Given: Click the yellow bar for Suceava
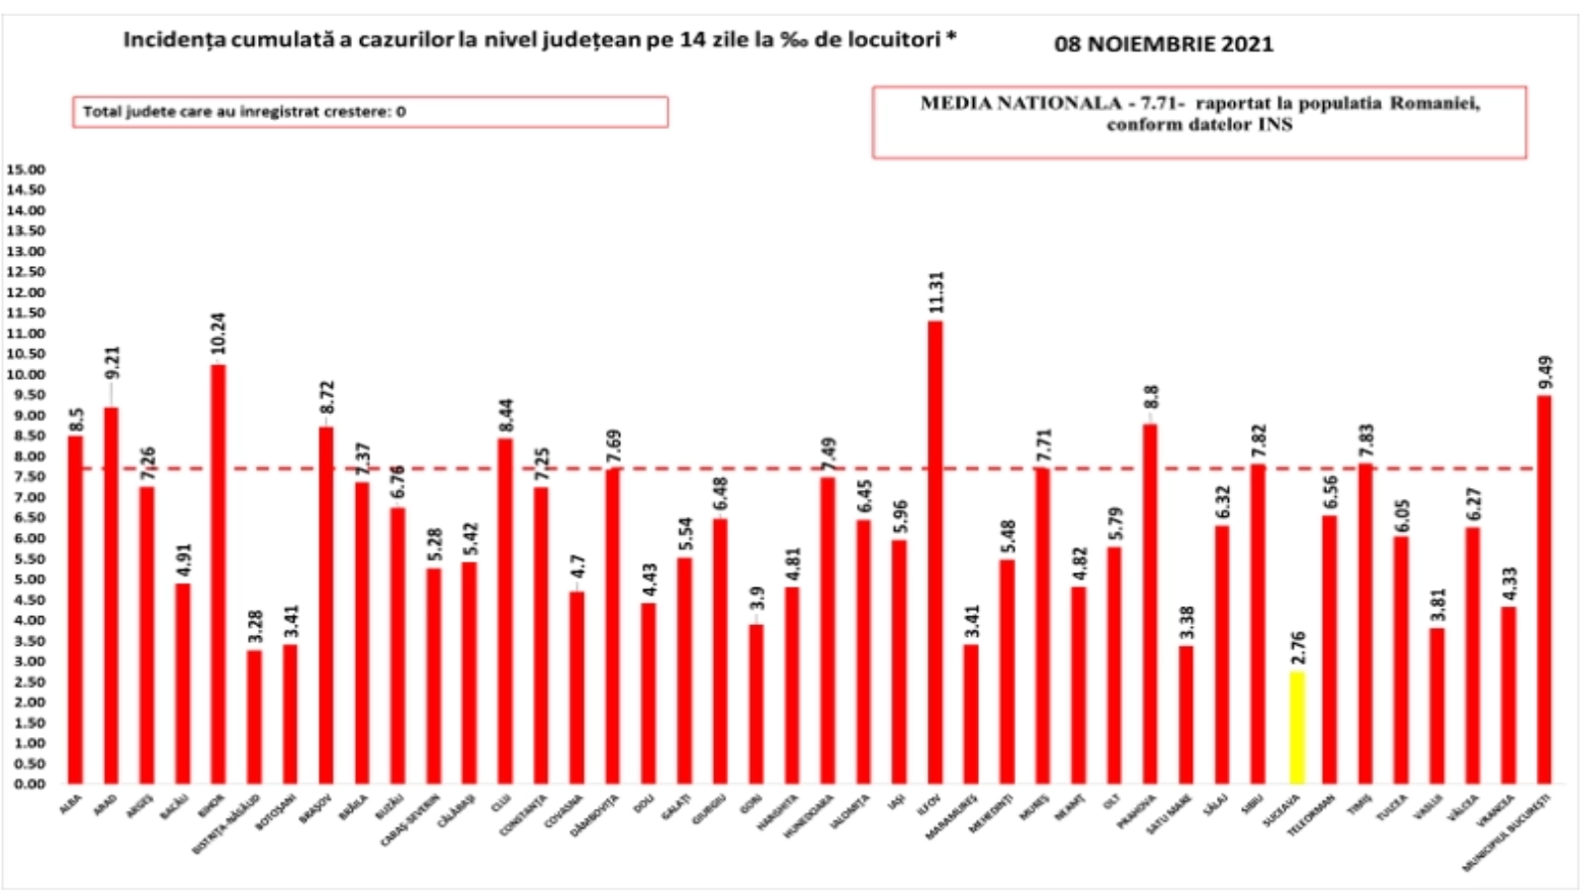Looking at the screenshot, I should (x=1295, y=727).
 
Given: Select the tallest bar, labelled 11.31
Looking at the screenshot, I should (x=935, y=552).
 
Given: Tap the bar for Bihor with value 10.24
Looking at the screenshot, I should (x=218, y=574).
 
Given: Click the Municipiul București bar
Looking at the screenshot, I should (x=1544, y=589).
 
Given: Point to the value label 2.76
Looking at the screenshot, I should (x=1297, y=650).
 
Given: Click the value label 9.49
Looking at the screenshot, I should (x=1545, y=373).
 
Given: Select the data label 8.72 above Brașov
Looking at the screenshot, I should (x=326, y=404).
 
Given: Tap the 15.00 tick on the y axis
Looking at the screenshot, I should (x=26, y=170).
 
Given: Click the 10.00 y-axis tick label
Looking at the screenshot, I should (x=26, y=375).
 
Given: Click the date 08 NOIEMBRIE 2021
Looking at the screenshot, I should (x=1163, y=44).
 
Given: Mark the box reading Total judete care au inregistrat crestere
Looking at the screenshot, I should (x=370, y=112).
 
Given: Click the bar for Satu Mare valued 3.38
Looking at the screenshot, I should (x=1185, y=714).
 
